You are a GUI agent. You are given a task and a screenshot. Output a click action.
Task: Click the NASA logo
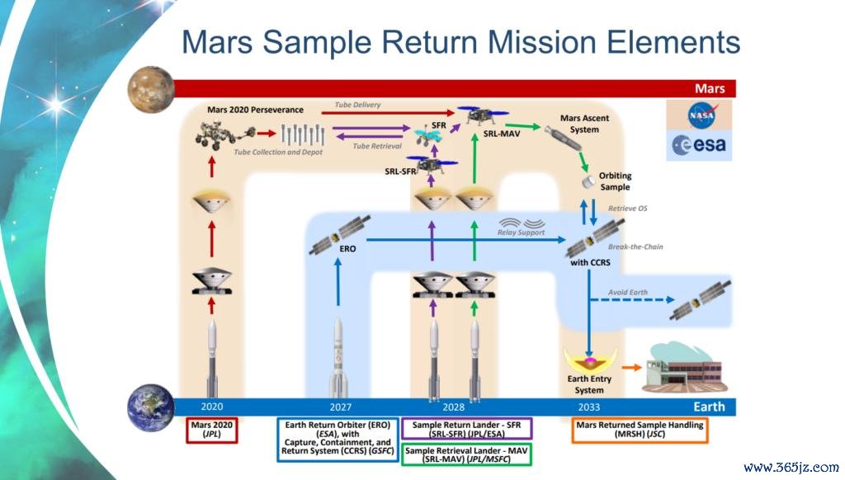(701, 115)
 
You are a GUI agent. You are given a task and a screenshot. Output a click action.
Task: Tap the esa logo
(699, 145)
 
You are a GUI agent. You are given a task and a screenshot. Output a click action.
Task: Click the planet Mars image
(151, 89)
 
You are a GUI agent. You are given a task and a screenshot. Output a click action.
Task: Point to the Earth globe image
(150, 407)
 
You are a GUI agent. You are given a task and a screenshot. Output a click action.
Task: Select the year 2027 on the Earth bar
(341, 407)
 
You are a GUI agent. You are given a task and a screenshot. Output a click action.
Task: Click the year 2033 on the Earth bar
(588, 407)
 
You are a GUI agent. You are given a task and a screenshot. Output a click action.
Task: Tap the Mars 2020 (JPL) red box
(212, 430)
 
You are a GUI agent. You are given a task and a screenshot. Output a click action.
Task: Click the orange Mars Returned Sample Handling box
(640, 430)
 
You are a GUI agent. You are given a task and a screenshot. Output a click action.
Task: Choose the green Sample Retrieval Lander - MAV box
(466, 454)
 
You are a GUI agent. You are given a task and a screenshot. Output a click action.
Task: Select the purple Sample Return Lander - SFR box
(467, 429)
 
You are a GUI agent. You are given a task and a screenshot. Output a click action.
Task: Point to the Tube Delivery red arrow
(388, 113)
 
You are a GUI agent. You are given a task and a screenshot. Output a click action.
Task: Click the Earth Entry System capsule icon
(589, 360)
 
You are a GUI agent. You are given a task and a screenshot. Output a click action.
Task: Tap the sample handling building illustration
(683, 369)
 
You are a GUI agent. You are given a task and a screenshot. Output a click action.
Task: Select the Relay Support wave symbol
(522, 223)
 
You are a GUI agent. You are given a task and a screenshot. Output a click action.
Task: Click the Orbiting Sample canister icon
(588, 182)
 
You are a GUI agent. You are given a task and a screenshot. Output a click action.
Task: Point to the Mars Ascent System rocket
(562, 139)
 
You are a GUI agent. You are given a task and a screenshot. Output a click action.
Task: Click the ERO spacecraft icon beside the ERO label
(339, 234)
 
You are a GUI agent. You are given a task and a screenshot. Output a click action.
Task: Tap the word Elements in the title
(673, 42)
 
